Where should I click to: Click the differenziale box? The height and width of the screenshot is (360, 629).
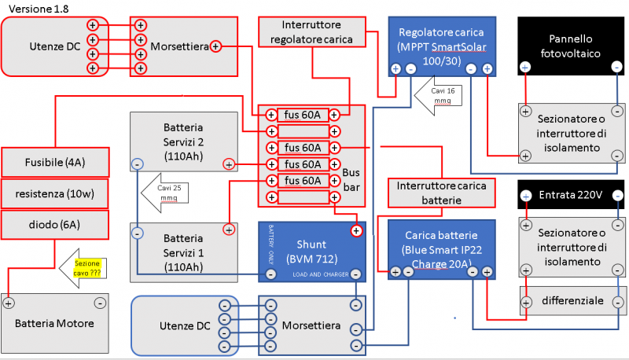[x=572, y=301]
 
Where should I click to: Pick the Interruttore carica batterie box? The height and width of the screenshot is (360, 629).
[x=442, y=193]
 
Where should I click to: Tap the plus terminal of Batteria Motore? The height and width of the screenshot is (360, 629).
[x=9, y=303]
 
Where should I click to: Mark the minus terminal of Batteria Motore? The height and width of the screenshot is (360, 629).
[x=100, y=303]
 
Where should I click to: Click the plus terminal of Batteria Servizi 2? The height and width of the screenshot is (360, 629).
[x=228, y=164]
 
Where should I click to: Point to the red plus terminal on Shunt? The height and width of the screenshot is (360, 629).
[x=356, y=230]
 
